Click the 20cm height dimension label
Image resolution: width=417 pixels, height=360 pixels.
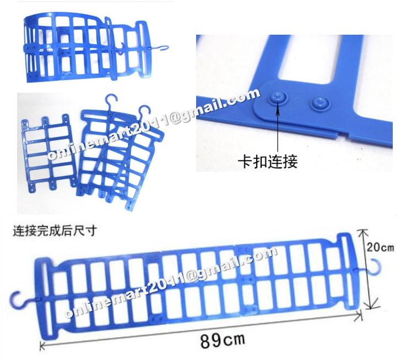(380, 248)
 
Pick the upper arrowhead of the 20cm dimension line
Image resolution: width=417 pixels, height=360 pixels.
(363, 231)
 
